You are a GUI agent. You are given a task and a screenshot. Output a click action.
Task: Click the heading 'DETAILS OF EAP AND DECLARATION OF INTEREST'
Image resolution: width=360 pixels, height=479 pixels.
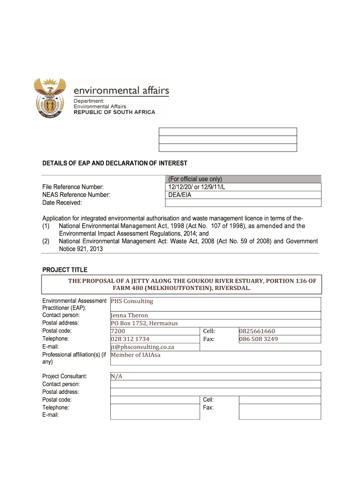115,163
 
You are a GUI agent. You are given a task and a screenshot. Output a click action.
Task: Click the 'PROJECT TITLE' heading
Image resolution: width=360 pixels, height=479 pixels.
65,270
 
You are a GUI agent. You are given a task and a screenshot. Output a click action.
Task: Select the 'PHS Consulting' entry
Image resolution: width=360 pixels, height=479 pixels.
132,301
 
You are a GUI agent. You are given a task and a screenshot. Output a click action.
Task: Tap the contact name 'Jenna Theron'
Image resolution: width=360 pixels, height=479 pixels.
130,315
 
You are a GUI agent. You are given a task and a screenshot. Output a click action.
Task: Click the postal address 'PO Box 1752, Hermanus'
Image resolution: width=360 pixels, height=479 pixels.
144,323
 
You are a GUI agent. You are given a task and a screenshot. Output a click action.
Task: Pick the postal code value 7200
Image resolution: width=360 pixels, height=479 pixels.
118,331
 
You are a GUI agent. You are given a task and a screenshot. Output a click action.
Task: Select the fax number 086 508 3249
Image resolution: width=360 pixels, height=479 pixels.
259,339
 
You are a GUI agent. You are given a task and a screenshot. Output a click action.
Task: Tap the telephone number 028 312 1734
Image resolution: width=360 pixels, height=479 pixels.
130,339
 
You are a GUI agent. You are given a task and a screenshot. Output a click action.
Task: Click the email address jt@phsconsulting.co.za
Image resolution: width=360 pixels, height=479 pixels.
143,347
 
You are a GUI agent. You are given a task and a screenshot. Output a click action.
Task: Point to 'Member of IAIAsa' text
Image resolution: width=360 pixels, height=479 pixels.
136,355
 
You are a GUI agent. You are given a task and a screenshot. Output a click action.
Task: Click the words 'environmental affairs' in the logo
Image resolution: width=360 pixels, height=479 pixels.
122,90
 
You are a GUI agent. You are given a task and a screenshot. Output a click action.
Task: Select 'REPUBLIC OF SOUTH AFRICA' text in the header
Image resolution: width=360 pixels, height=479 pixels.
115,112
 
